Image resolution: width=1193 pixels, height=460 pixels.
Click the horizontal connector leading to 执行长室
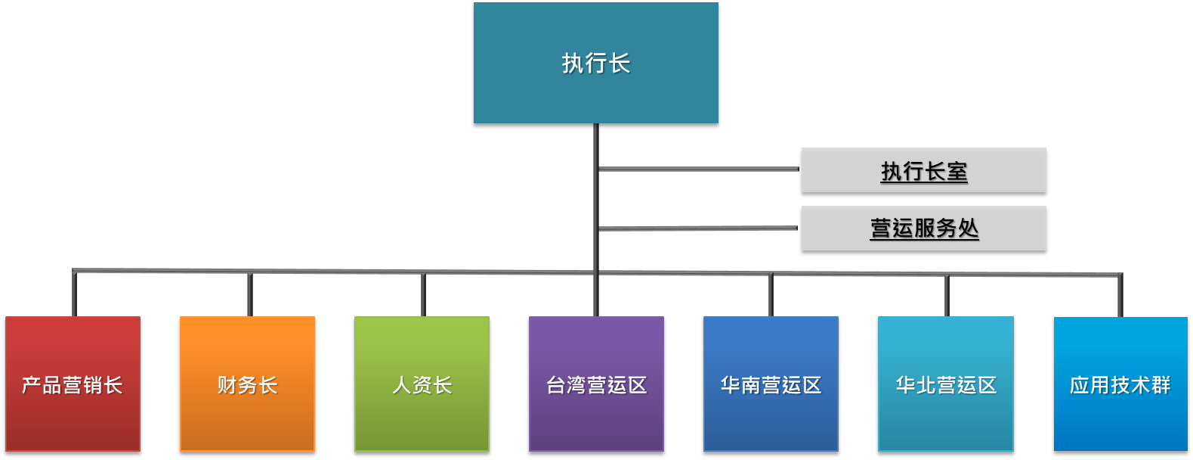click(x=699, y=169)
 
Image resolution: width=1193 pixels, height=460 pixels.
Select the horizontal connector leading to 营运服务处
click(x=699, y=228)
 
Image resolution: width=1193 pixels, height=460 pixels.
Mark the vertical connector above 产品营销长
click(x=74, y=294)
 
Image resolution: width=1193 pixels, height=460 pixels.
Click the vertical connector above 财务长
click(x=249, y=294)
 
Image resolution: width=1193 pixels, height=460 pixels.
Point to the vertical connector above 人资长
click(x=423, y=294)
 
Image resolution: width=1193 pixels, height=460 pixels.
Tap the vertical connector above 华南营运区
click(x=771, y=295)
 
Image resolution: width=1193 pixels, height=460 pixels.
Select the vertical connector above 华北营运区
click(x=947, y=296)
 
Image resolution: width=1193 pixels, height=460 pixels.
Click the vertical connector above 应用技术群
click(x=1120, y=296)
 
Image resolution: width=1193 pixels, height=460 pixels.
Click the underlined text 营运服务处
click(x=924, y=228)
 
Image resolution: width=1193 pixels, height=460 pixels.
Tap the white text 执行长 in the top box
click(x=596, y=64)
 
